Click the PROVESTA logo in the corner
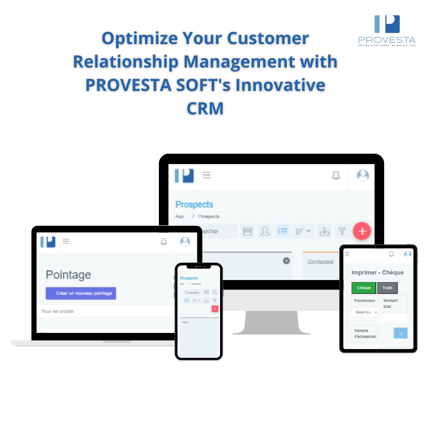(x=387, y=30)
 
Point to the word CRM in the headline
(x=205, y=108)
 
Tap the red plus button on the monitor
(x=362, y=231)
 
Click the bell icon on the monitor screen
(x=336, y=175)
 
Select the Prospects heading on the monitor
(x=194, y=205)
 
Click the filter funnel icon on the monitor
(x=342, y=231)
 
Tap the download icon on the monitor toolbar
(x=325, y=231)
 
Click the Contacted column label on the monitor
(x=320, y=262)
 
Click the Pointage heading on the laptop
(x=68, y=275)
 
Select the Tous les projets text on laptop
(x=58, y=311)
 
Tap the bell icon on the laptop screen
(x=164, y=242)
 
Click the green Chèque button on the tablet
(x=364, y=288)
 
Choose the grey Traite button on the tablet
(x=387, y=288)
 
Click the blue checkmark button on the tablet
(x=400, y=333)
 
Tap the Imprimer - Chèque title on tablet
(x=377, y=272)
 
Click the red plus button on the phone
(x=215, y=309)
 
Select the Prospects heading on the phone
(x=189, y=278)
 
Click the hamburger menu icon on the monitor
(x=207, y=175)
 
